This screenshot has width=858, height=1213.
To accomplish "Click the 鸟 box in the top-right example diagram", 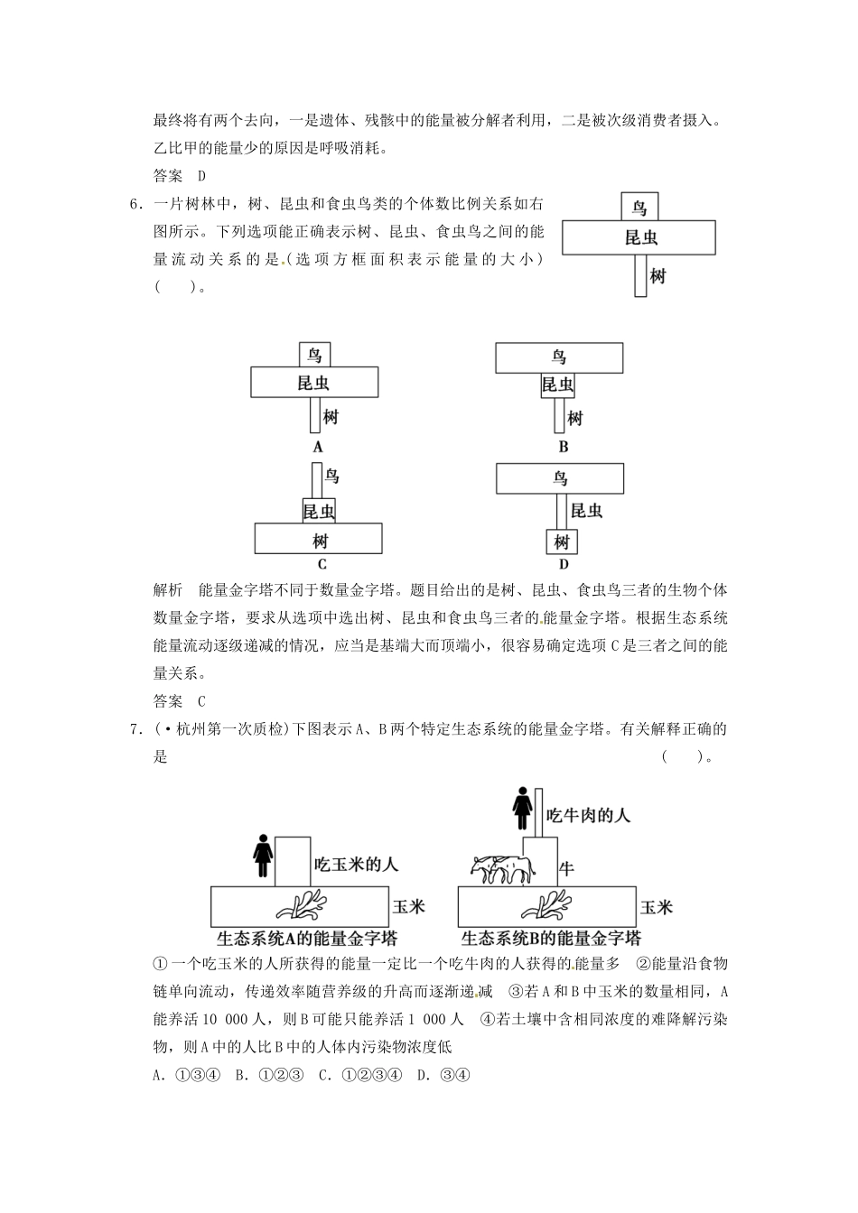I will pos(639,207).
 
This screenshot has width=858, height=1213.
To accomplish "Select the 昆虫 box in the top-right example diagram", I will pos(639,238).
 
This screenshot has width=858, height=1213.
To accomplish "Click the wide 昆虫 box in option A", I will pos(314,383).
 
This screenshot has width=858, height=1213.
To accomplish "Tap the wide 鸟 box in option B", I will pos(559,357).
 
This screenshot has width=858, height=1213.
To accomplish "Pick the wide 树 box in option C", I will pos(319,539).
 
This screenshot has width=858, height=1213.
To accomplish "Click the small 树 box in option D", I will pos(562,542).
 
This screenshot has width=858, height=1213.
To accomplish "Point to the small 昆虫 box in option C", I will pos(318,511).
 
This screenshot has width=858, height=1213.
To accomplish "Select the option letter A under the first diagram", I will pos(317,446).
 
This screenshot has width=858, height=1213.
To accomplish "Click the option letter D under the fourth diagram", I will pos(563,565).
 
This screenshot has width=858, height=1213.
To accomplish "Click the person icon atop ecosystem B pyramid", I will pos(521,809).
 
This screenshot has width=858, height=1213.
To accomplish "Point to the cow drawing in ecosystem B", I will pos(502,870).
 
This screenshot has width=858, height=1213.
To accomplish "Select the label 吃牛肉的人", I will pos(588,815).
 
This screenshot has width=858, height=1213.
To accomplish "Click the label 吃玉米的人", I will pos(356,864).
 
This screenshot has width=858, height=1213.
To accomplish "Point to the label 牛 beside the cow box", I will pos(567,868).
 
